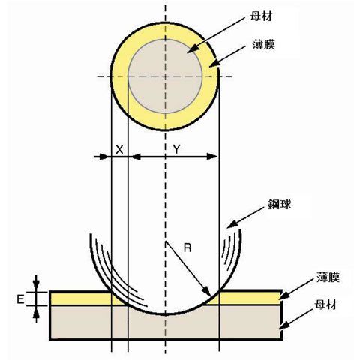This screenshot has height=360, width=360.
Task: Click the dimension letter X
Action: tap(120, 150)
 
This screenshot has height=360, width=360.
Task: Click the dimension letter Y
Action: tap(177, 149)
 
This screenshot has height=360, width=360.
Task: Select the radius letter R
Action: tap(187, 247)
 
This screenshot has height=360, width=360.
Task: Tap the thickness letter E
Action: tap(20, 299)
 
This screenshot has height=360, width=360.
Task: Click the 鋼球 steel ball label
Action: tap(280, 204)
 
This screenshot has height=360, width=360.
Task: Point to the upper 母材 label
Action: tap(261, 16)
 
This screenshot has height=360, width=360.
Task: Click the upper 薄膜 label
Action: tap(263, 44)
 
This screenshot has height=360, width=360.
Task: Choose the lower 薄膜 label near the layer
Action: tap(328, 277)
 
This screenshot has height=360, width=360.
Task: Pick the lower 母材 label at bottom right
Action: tap(325, 304)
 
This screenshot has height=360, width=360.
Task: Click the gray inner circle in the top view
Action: tap(165, 76)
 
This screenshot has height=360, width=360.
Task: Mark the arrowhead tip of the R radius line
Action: tap(211, 295)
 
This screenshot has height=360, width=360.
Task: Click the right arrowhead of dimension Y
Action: tap(217, 157)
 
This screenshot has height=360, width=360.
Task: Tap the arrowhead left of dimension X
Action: tap(110, 157)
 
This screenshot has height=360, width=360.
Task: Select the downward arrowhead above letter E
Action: tap(36, 291)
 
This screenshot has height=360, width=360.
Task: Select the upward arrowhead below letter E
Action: tap(36, 306)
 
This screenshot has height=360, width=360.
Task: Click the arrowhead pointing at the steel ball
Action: tap(227, 227)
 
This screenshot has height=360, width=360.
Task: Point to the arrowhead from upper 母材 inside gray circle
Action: tap(187, 52)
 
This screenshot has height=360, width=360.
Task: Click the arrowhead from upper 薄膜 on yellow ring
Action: tap(209, 67)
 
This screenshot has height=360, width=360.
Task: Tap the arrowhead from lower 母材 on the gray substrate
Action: tap(279, 328)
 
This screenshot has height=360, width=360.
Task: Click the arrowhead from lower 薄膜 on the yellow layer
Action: tap(279, 298)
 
